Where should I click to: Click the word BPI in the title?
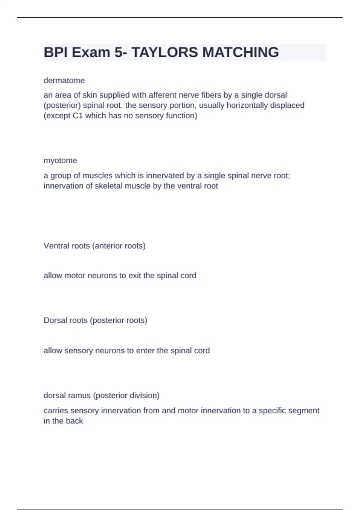[x=56, y=52]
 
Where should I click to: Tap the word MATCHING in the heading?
[x=241, y=52]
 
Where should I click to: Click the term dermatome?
[x=64, y=80]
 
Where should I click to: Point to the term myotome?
[x=60, y=160]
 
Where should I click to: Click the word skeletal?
[x=108, y=186]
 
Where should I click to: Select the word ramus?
[x=80, y=395]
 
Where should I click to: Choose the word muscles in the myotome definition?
[x=97, y=175]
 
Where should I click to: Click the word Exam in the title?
[x=91, y=52]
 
